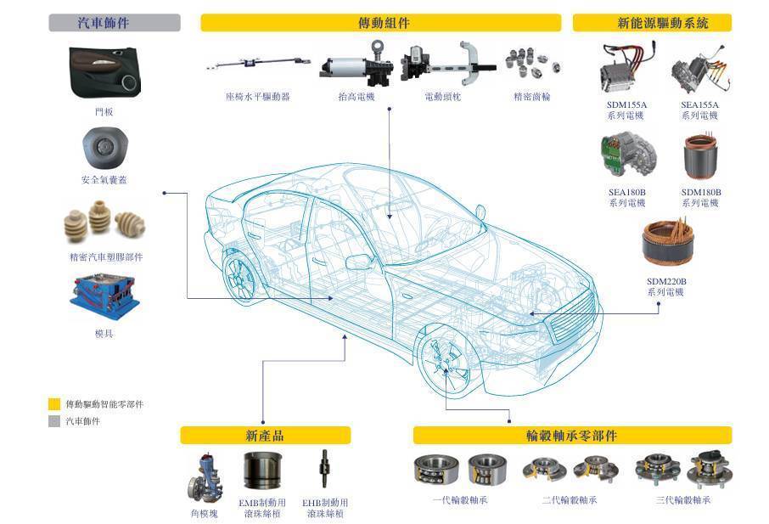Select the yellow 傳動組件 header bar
coord(380,23)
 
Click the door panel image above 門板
coord(104,73)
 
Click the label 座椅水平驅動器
coord(257,97)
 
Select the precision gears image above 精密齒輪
coord(532,64)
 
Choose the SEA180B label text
coord(626,193)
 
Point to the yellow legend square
coord(54,404)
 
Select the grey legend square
coord(54,421)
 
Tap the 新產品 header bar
coord(265,436)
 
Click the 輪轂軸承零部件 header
coord(571,436)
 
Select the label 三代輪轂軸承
coord(683,500)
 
